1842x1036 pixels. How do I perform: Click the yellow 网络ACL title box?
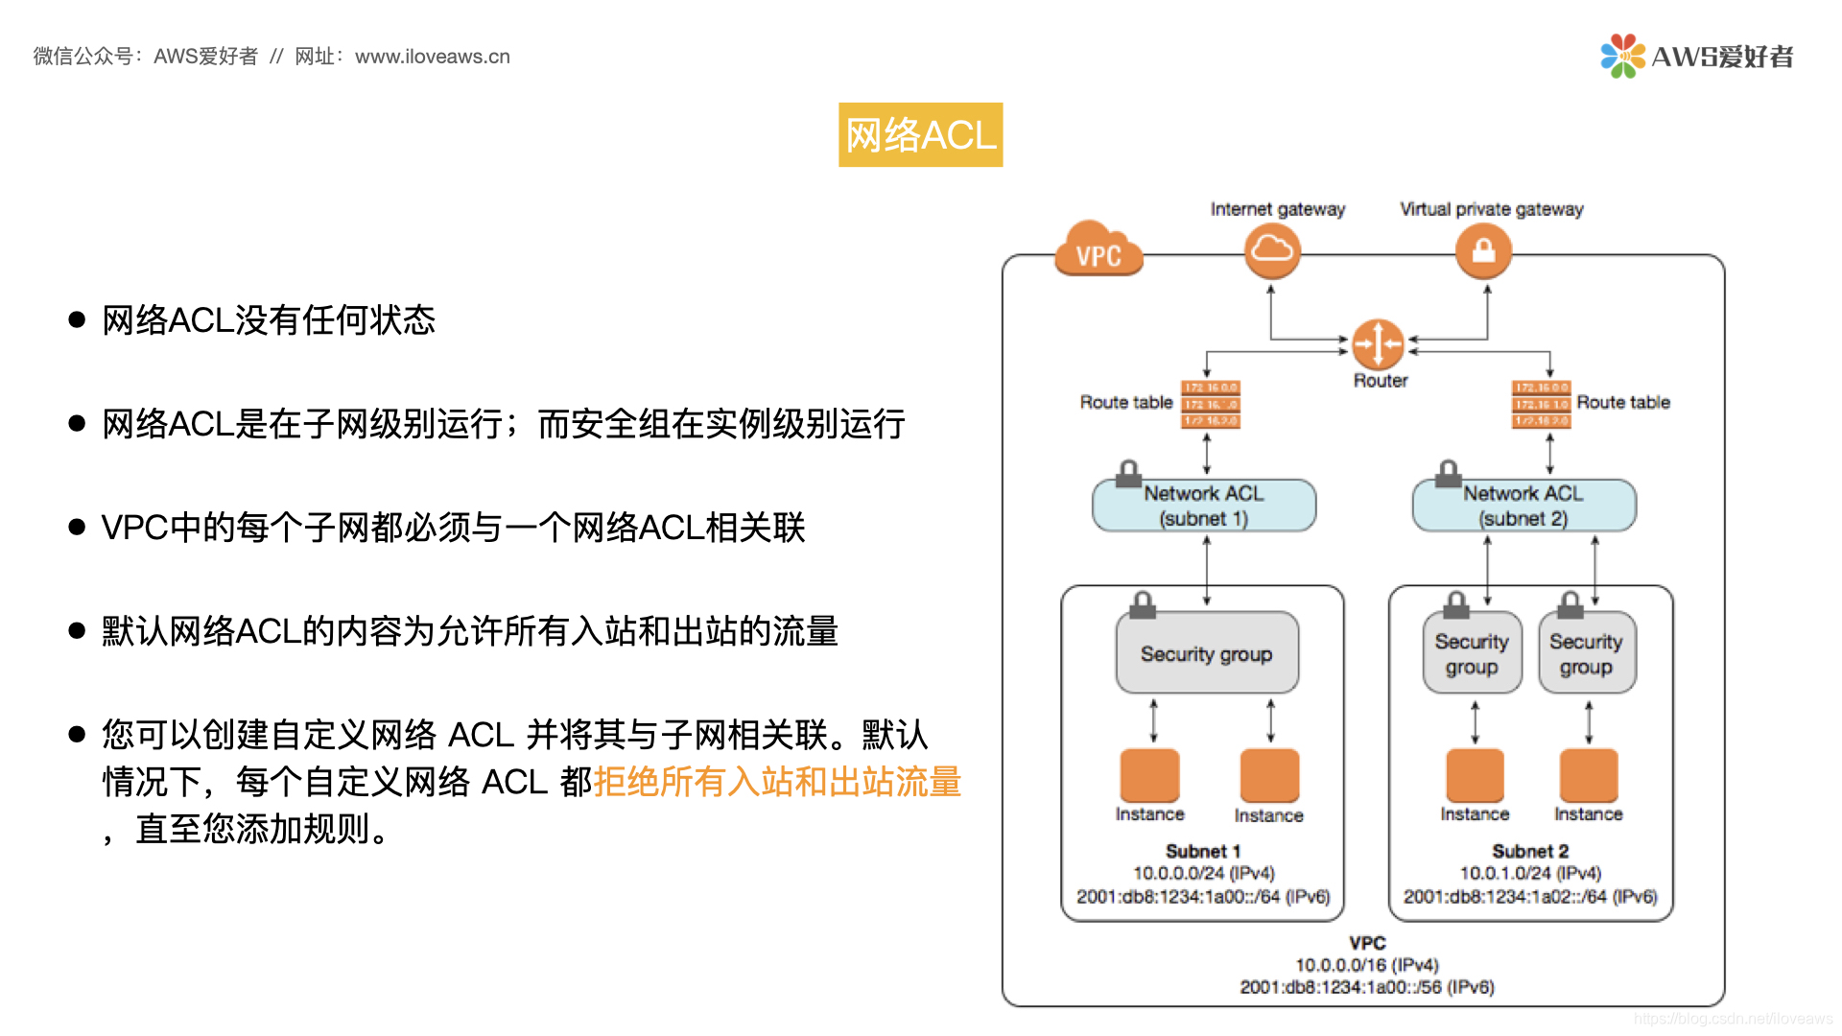(920, 135)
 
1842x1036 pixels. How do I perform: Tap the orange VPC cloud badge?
(1098, 250)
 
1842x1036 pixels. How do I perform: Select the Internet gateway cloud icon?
(1272, 250)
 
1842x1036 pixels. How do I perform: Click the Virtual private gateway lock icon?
(1483, 250)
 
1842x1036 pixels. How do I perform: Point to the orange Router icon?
(1378, 343)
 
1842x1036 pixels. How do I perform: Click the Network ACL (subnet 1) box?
(1204, 506)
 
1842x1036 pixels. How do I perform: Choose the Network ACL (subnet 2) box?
(1523, 506)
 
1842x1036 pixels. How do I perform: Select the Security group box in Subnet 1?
(1207, 653)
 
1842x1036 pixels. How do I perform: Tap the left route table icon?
(1211, 404)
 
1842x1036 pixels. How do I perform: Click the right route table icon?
(1541, 404)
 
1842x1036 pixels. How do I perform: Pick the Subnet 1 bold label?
(1203, 851)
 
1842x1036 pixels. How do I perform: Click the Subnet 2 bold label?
(1530, 851)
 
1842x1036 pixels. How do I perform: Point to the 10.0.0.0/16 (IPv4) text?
(1367, 965)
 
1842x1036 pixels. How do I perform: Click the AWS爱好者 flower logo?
(1622, 56)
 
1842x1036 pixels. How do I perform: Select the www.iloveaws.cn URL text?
(433, 57)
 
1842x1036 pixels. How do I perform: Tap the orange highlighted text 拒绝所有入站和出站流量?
(777, 782)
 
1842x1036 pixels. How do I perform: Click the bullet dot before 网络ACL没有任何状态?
(78, 319)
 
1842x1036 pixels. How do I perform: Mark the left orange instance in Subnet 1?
(1149, 775)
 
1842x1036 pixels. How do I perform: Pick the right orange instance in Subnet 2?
(1589, 775)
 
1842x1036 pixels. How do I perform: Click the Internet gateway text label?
(1278, 209)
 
